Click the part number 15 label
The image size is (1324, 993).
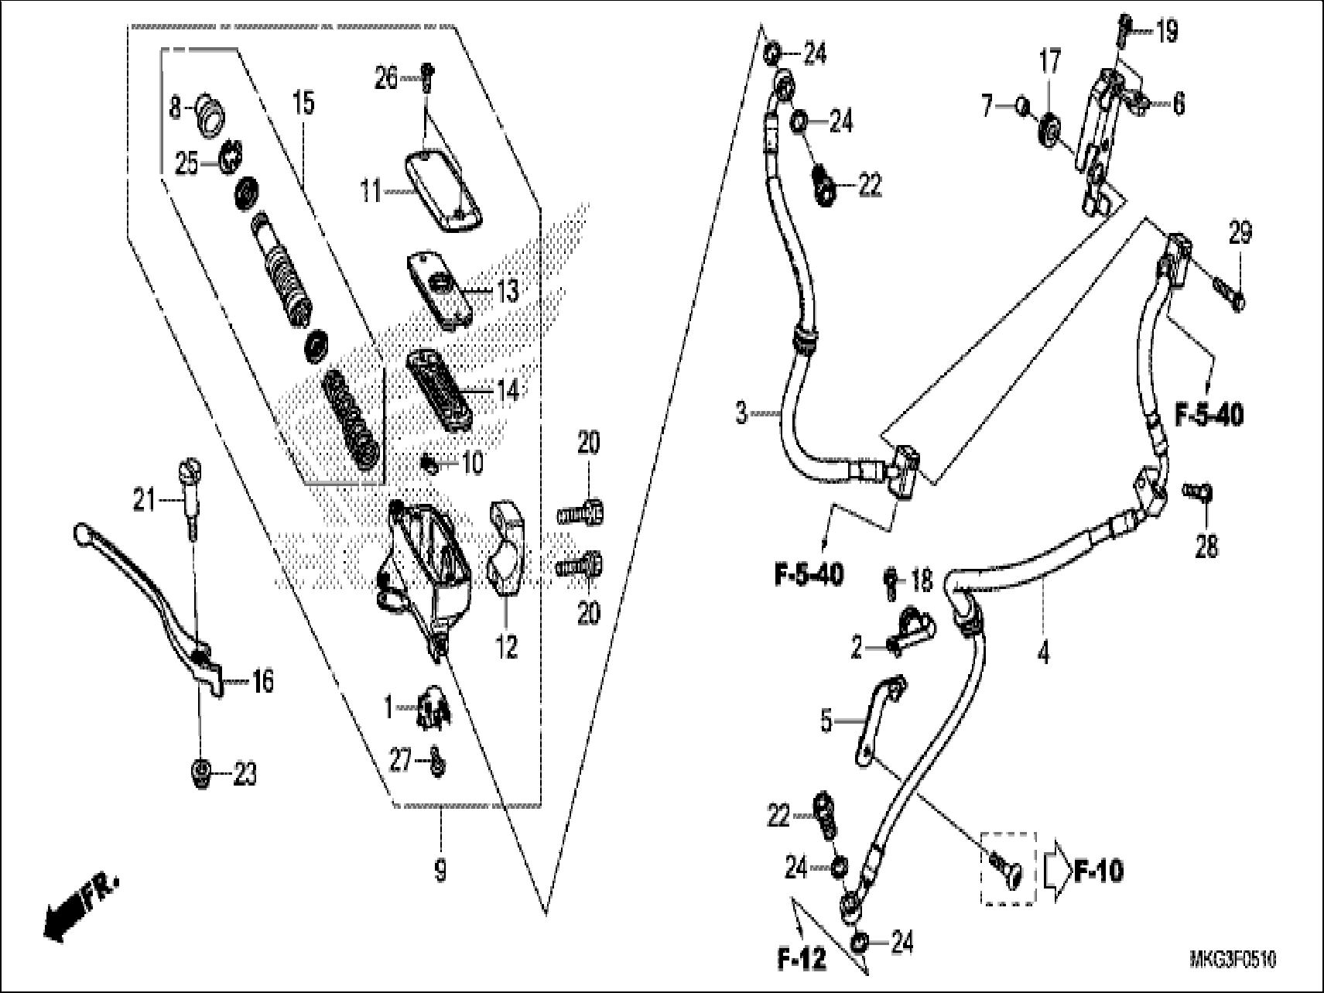[303, 103]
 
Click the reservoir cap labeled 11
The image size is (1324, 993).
[444, 190]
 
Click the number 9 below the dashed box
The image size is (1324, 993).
[440, 872]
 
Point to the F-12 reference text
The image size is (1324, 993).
[802, 960]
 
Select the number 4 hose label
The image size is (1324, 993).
[1044, 653]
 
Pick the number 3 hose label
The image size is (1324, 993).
[741, 414]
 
